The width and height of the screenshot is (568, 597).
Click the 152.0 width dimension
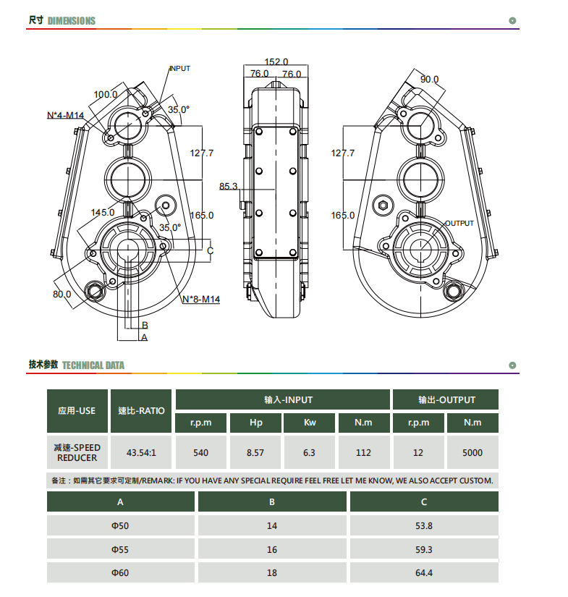coord(276,62)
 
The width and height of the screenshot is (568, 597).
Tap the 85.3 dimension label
coord(228,186)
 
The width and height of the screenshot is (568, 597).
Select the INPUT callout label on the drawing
coord(179,69)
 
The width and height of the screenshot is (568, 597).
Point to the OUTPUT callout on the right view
coord(459,223)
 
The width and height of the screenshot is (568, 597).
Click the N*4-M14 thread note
coord(65,115)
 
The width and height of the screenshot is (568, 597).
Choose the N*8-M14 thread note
coord(201,300)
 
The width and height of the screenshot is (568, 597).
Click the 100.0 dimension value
coord(106,94)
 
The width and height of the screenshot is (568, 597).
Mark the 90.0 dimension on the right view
coord(429,79)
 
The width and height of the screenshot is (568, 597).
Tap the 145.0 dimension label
coord(103,213)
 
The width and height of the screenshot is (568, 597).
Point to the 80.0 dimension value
coord(62,295)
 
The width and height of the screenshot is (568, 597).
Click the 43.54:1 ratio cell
coord(141,452)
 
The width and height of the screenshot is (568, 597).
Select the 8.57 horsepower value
coord(255,452)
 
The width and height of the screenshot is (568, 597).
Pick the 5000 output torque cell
coord(472,452)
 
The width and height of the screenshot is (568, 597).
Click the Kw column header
coord(310,423)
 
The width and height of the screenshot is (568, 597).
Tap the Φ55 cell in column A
coord(120,549)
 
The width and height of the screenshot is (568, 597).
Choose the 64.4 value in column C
coord(424,572)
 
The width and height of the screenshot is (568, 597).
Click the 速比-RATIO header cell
coord(141,411)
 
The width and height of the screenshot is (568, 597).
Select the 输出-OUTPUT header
coord(446,399)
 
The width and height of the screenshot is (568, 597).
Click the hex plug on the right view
coord(383,206)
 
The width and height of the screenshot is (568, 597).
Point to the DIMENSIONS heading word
coord(72,21)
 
